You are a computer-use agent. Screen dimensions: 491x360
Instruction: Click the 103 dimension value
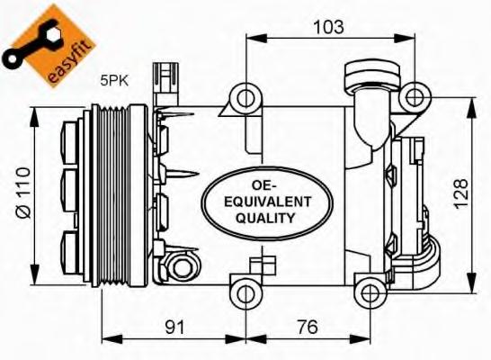click(329, 27)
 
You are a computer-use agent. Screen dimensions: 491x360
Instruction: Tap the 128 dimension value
click(461, 193)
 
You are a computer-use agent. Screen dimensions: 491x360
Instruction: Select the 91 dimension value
click(175, 327)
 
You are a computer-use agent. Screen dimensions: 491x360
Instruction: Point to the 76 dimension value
click(308, 327)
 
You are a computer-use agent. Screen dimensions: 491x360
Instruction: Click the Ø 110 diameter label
click(23, 193)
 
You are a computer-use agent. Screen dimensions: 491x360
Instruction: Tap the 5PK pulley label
click(114, 81)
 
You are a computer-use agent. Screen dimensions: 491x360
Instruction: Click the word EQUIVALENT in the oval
click(268, 202)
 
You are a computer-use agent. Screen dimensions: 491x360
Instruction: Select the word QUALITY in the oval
click(266, 218)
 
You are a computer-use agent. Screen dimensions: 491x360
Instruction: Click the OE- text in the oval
click(264, 185)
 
